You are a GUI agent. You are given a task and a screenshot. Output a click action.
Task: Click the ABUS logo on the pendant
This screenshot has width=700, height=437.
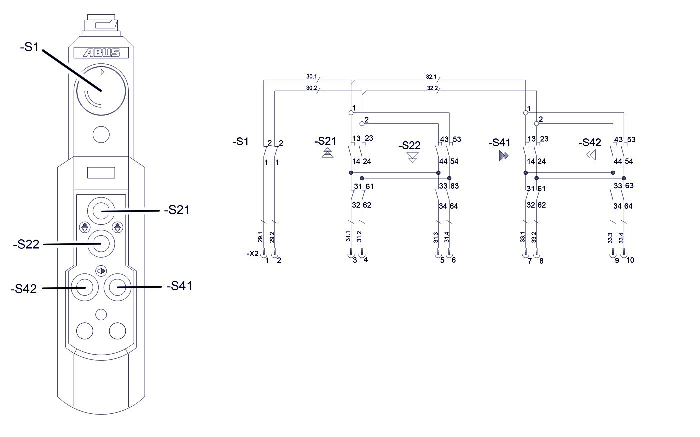pyautogui.click(x=101, y=53)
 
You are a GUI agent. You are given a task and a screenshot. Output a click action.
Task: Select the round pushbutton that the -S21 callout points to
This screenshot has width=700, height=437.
pyautogui.click(x=101, y=211)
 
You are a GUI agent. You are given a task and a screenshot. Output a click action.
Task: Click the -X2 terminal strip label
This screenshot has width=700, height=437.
pyautogui.click(x=252, y=254)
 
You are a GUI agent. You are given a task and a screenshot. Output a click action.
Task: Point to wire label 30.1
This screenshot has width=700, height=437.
pyautogui.click(x=311, y=77)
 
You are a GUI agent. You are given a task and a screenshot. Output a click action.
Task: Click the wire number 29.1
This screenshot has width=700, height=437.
pyautogui.click(x=260, y=237)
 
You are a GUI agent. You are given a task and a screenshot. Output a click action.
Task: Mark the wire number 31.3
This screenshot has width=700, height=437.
pyautogui.click(x=436, y=237)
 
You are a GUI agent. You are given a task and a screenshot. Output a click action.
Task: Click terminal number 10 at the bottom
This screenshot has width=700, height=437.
pyautogui.click(x=630, y=260)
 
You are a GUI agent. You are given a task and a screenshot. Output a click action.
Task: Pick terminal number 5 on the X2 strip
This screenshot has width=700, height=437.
pyautogui.click(x=442, y=260)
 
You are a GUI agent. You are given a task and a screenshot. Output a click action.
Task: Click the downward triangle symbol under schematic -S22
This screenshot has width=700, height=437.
pyautogui.click(x=413, y=158)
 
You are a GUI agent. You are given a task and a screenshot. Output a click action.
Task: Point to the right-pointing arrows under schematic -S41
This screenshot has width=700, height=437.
pyautogui.click(x=503, y=156)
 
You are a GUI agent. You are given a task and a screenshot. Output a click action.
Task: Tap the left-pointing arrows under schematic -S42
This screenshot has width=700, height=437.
pyautogui.click(x=591, y=155)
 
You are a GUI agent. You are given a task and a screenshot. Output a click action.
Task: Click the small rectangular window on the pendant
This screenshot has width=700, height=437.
pyautogui.click(x=101, y=173)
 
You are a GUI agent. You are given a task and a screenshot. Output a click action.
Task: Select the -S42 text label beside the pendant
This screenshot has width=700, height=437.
pyautogui.click(x=24, y=288)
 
